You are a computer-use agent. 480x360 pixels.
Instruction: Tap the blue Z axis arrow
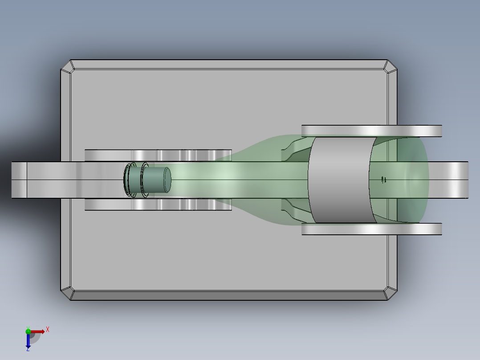click(x=28, y=341)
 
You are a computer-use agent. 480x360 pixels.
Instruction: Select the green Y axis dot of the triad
click(x=28, y=331)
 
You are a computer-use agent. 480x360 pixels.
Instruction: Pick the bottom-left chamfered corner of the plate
click(x=67, y=293)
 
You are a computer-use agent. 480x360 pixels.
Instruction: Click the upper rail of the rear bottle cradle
click(x=372, y=131)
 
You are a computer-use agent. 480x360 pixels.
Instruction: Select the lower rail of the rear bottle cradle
click(x=372, y=229)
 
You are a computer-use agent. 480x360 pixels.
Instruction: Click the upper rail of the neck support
click(x=158, y=155)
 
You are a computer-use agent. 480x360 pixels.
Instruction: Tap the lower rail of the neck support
click(x=158, y=205)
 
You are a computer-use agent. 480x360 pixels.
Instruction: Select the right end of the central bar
click(x=461, y=180)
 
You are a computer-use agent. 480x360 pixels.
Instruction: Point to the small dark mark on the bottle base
click(x=383, y=180)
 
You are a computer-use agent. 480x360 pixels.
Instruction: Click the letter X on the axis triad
click(x=47, y=329)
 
